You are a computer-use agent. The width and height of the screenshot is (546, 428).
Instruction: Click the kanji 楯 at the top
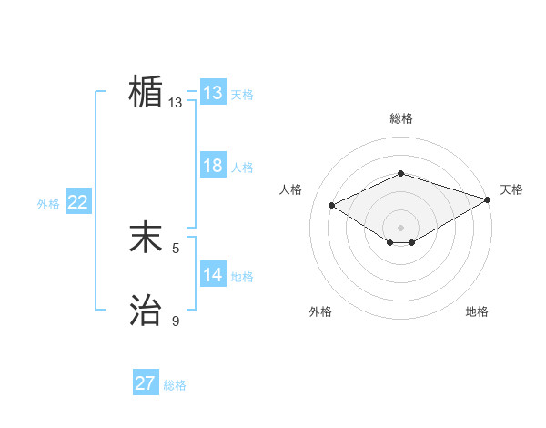click(x=146, y=92)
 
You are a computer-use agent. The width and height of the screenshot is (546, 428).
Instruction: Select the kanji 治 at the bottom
click(x=146, y=311)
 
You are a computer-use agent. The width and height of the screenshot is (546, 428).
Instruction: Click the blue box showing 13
click(x=213, y=93)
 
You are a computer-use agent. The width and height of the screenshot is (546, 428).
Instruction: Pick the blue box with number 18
click(x=213, y=166)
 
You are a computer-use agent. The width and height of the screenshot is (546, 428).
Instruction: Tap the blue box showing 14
click(x=213, y=275)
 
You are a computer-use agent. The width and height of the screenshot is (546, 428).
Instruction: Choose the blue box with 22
click(x=78, y=202)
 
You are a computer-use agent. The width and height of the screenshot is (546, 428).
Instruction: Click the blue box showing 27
click(x=146, y=383)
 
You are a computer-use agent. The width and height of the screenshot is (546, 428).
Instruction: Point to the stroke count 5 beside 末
click(x=177, y=248)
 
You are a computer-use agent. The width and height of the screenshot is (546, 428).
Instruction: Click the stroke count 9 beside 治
click(x=177, y=321)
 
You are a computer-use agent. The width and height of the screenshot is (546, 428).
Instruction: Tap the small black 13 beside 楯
click(x=176, y=103)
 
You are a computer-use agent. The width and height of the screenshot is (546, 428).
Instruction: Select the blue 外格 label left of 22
click(x=48, y=204)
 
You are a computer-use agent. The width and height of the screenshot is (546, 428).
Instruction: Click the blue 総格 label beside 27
click(x=175, y=385)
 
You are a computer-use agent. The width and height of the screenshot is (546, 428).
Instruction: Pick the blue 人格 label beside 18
click(x=242, y=168)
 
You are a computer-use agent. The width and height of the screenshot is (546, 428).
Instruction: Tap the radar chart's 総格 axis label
click(x=400, y=119)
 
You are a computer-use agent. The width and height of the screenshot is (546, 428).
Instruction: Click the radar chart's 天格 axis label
click(x=511, y=189)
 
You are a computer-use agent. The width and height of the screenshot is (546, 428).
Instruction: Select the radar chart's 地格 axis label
click(x=477, y=311)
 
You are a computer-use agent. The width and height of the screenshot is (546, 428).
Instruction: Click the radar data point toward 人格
click(x=332, y=205)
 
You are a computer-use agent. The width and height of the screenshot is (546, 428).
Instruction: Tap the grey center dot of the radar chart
click(x=400, y=227)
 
